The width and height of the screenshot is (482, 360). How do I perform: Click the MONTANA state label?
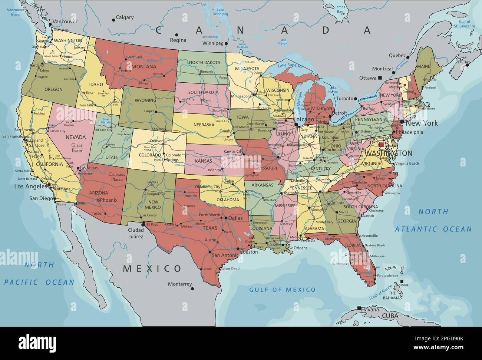pos(144,67)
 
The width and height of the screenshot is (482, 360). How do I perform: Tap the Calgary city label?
pos(125,17)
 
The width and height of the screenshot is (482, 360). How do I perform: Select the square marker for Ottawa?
pos(380,78)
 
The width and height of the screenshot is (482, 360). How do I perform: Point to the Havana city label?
pos(370,309)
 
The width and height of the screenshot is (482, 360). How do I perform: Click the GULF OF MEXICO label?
pos(283,290)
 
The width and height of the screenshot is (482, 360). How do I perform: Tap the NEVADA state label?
pos(76,137)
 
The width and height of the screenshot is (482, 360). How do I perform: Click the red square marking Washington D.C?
pos(382,145)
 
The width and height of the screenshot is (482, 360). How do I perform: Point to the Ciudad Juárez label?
pos(136,233)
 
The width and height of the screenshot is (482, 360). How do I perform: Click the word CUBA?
pos(390,316)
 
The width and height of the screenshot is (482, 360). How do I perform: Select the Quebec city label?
pos(397,56)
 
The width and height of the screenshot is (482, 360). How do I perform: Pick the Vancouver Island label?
pos(15,12)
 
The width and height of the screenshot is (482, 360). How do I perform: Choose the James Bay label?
pos(339,9)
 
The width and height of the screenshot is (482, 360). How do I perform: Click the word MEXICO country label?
pos(152,268)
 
